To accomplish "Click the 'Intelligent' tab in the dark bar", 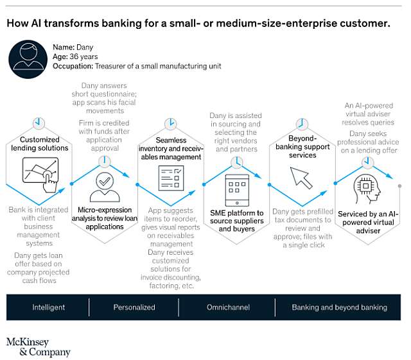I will pyautogui.click(x=49, y=307).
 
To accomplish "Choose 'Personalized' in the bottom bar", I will pyautogui.click(x=134, y=307).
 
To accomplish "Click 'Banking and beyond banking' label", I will pyautogui.click(x=340, y=307).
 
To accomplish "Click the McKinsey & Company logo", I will pyautogui.click(x=38, y=347).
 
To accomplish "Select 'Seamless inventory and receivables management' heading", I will pyautogui.click(x=170, y=148).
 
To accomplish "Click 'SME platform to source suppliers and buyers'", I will pyautogui.click(x=236, y=221).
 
